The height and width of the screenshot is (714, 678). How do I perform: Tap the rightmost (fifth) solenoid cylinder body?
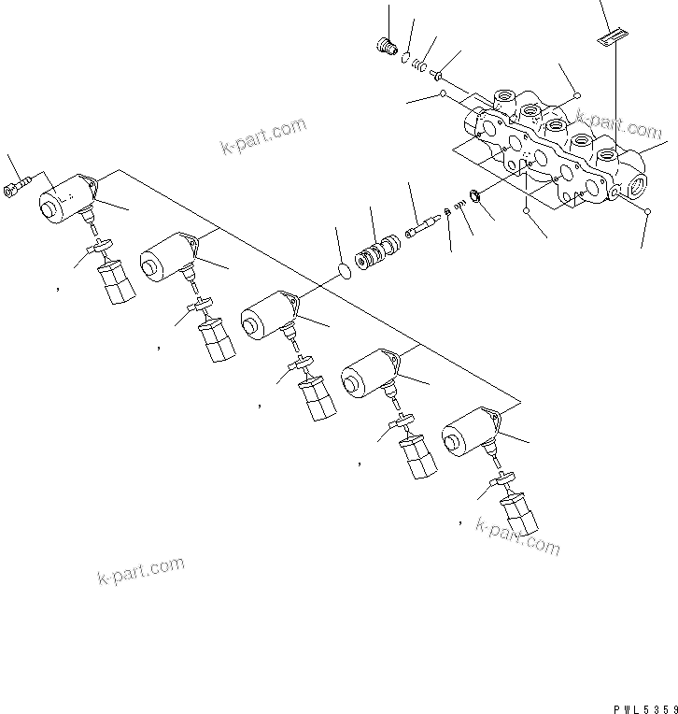point(467,436)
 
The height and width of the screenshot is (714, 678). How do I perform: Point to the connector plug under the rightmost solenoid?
point(519,514)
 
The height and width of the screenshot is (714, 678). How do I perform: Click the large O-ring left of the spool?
point(344,271)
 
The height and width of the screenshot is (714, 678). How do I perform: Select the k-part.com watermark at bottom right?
point(517,535)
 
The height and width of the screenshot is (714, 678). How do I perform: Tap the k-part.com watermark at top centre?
point(263,136)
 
